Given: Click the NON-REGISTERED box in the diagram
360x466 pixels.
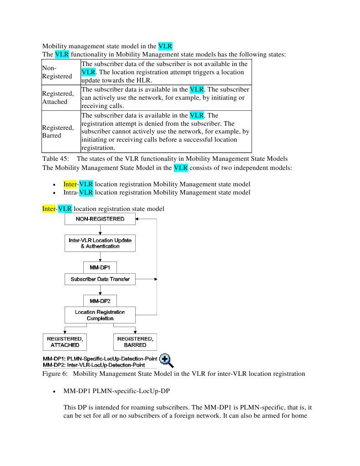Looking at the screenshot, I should pyautogui.click(x=100, y=219).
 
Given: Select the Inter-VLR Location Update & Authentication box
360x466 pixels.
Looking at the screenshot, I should pyautogui.click(x=100, y=243).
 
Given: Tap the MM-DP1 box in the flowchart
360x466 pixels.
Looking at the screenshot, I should pyautogui.click(x=100, y=267).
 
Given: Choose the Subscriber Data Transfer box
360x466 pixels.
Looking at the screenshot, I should pyautogui.click(x=100, y=279).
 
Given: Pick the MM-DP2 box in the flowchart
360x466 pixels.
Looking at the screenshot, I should pyautogui.click(x=100, y=301).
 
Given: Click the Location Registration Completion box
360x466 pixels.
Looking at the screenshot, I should pyautogui.click(x=100, y=315).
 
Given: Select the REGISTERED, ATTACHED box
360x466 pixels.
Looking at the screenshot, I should pyautogui.click(x=65, y=342).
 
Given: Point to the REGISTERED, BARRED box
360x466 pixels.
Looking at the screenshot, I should pyautogui.click(x=135, y=342).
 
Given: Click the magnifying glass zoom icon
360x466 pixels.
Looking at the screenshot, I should pyautogui.click(x=166, y=360).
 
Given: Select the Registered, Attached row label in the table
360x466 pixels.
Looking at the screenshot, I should pyautogui.click(x=58, y=97).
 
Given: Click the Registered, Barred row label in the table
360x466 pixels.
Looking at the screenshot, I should pyautogui.click(x=58, y=132).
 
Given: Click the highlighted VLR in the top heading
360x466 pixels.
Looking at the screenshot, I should pyautogui.click(x=165, y=46).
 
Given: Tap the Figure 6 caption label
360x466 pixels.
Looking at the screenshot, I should pyautogui.click(x=55, y=374).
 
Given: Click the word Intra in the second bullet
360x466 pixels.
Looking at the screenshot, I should pyautogui.click(x=70, y=193).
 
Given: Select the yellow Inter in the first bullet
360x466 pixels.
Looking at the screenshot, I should pyautogui.click(x=70, y=184).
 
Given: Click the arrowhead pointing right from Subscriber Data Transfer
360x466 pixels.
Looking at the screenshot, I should pyautogui.click(x=155, y=279).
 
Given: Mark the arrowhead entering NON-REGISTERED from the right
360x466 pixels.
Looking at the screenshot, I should pyautogui.click(x=139, y=219).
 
